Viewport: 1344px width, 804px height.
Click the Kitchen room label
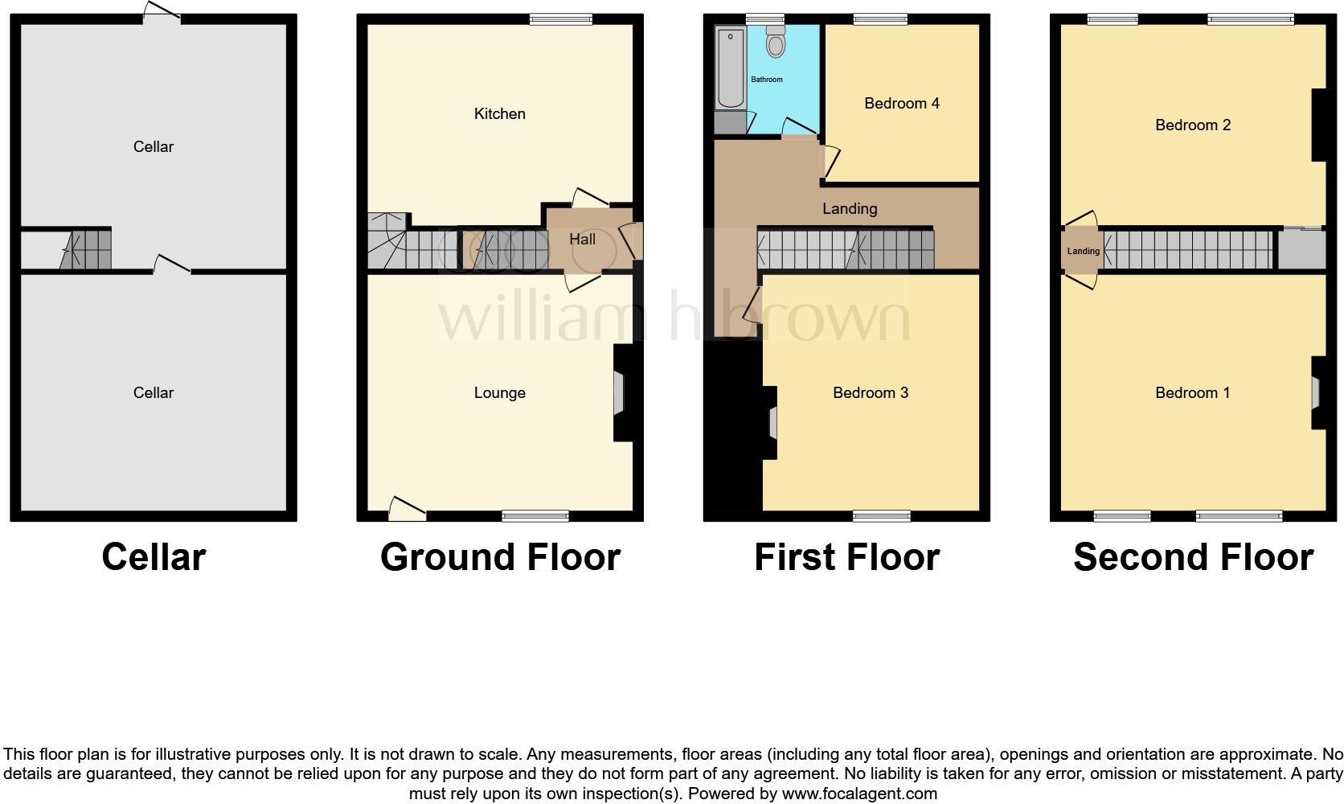coord(499,114)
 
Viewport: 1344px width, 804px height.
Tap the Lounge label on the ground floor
coord(499,392)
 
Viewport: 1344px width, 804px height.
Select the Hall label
coord(582,240)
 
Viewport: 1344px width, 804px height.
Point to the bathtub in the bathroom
coord(731,68)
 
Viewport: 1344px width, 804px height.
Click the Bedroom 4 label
coord(901,103)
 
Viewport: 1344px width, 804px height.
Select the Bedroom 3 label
coord(870,392)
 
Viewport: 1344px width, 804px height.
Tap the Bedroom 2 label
coord(1192,125)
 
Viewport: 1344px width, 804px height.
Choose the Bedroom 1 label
coord(1192,392)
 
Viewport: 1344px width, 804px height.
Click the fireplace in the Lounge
coord(619,392)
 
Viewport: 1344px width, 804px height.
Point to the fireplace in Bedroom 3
coord(772,423)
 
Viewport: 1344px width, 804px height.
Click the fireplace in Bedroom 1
coord(1316,392)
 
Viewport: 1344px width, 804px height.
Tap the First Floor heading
coord(846,557)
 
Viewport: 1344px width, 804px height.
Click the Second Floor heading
coord(1193,557)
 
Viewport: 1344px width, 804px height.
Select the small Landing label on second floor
coord(1083,251)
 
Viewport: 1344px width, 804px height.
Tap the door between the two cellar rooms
coord(172,266)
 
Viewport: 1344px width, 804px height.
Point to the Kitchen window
coord(560,19)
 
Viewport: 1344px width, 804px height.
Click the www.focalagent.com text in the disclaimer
coord(859,794)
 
